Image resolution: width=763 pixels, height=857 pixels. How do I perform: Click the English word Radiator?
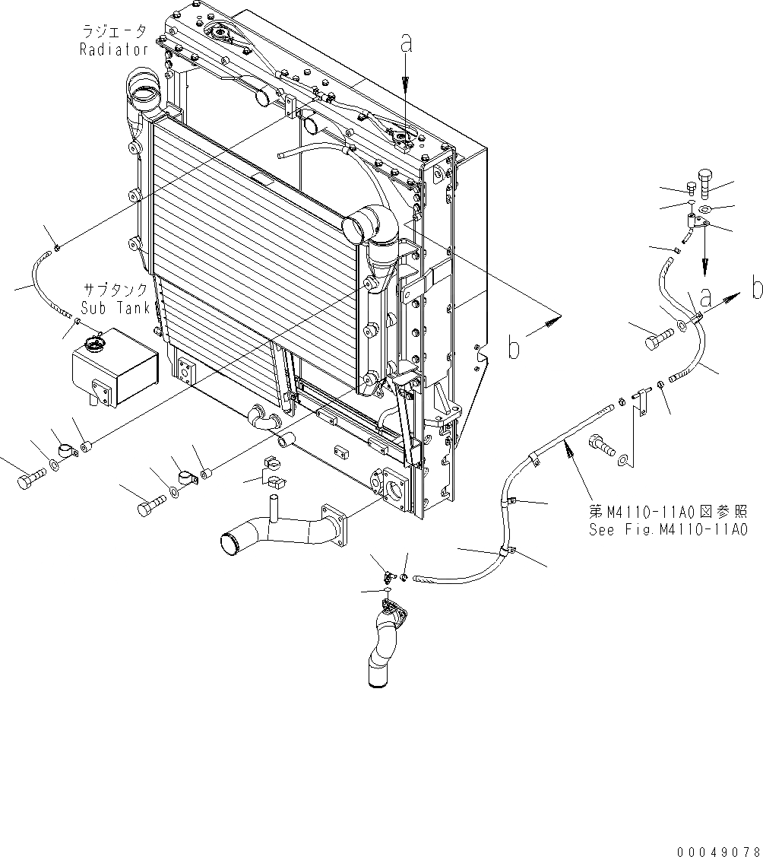click(114, 50)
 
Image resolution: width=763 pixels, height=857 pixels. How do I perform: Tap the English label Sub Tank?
click(115, 308)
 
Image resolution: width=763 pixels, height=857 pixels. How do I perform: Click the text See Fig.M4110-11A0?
click(668, 529)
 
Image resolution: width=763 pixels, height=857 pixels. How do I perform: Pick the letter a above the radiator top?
click(407, 46)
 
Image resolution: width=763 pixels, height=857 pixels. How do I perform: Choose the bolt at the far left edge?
click(28, 481)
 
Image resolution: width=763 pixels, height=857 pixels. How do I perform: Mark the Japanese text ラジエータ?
click(114, 32)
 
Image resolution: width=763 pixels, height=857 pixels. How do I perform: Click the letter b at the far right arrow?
click(756, 289)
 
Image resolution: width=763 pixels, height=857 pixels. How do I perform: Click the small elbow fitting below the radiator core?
click(263, 418)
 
